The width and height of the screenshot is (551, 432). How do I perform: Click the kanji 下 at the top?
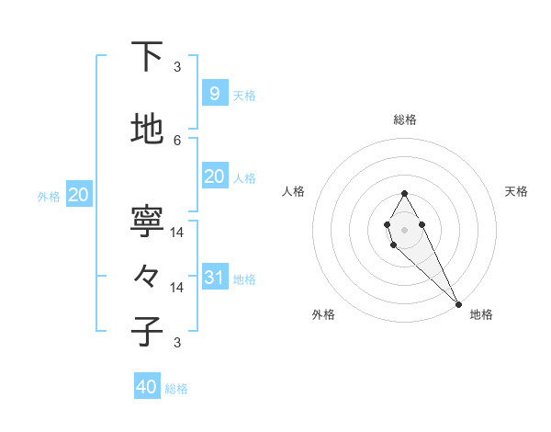[x=147, y=58]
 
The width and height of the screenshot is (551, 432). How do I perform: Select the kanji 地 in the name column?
[x=147, y=131]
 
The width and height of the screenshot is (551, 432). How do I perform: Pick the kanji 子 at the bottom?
[x=147, y=332]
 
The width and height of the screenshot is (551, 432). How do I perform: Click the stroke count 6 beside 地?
[x=177, y=140]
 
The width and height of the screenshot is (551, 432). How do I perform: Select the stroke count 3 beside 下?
[x=177, y=67]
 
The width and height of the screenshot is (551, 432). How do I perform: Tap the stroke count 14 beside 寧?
[x=177, y=232]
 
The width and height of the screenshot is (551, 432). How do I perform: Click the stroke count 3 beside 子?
[x=177, y=343]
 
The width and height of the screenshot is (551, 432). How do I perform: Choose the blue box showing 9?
[x=214, y=93]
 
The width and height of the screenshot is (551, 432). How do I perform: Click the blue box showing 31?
[x=214, y=278]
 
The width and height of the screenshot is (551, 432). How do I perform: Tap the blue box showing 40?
[x=147, y=387]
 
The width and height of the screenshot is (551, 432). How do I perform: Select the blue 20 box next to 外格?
[x=78, y=195]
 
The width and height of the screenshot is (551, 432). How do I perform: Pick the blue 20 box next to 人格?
[x=214, y=176]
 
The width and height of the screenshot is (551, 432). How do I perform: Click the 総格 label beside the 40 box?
[x=176, y=389]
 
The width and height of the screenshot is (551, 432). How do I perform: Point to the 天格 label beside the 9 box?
[x=244, y=95]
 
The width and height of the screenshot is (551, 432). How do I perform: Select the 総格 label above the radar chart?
[x=404, y=119]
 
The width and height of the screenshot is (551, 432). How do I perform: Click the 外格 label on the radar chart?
[x=323, y=314]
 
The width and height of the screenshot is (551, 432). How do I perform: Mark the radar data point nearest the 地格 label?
[x=458, y=303]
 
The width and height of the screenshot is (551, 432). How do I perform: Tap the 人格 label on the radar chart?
[x=294, y=191]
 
